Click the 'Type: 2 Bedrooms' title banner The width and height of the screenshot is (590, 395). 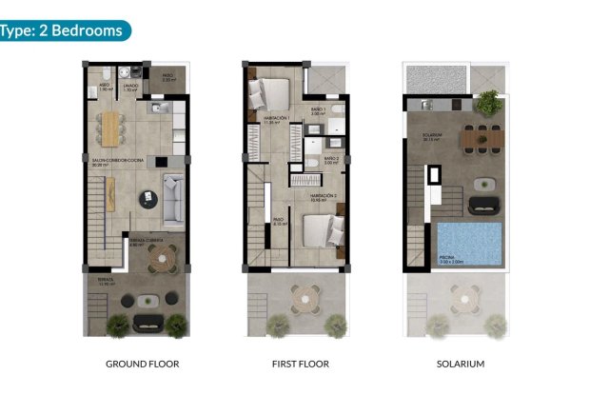(x=64, y=30)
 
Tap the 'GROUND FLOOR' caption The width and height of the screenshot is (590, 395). (x=142, y=364)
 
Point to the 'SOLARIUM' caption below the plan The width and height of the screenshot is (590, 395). (x=460, y=364)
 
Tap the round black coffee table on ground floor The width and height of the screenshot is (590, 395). (x=149, y=198)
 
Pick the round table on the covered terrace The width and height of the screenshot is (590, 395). (x=162, y=256)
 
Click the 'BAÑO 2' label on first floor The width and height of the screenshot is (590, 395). (x=331, y=160)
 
